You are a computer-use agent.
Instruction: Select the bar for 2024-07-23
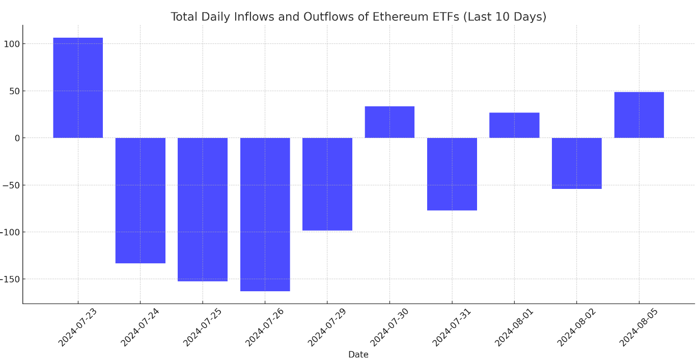coord(78,88)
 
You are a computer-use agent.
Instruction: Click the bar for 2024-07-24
coord(141,200)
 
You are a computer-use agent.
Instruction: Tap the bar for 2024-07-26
coord(265,214)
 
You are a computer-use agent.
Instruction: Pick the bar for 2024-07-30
coord(389,122)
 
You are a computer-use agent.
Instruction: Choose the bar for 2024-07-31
coord(452,174)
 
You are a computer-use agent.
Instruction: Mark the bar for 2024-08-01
coord(514,125)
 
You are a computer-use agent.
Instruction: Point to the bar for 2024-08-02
coord(576,163)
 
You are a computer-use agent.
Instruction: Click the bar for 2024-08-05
coord(639,115)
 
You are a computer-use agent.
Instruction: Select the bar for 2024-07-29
coord(327,184)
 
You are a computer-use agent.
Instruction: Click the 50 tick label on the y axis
coord(13,91)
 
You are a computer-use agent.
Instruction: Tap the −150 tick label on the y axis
coord(10,279)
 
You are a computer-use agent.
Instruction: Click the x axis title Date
coord(358,355)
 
